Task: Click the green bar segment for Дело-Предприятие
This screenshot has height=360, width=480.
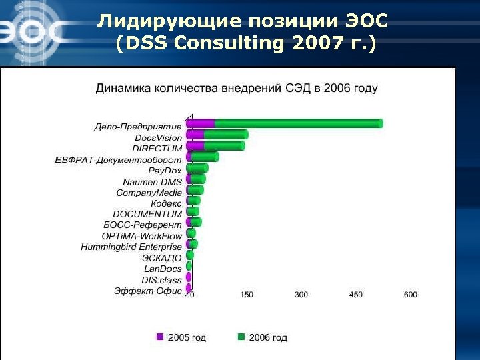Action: [x=298, y=123]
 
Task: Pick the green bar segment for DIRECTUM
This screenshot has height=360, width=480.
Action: [x=224, y=145]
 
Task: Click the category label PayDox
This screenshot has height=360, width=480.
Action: [x=165, y=171]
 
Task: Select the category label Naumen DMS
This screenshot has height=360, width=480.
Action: [x=152, y=182]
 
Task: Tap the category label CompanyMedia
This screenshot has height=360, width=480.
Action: [x=149, y=193]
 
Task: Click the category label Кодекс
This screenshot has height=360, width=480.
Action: [x=166, y=203]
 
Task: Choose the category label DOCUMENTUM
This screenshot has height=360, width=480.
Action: [x=147, y=214]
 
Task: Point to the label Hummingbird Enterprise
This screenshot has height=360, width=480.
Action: [x=131, y=247]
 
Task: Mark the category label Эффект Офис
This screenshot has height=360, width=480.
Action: [x=148, y=291]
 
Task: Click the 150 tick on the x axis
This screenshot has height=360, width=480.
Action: [x=246, y=294]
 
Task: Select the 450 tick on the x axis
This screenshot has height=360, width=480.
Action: [x=355, y=294]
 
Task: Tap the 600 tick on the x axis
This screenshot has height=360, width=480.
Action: [x=410, y=294]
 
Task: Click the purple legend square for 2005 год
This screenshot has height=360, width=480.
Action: [x=160, y=337]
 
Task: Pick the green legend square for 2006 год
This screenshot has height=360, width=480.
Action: [x=241, y=337]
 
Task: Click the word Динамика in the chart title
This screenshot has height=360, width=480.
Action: [x=124, y=88]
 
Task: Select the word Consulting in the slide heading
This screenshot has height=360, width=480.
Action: [x=223, y=44]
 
